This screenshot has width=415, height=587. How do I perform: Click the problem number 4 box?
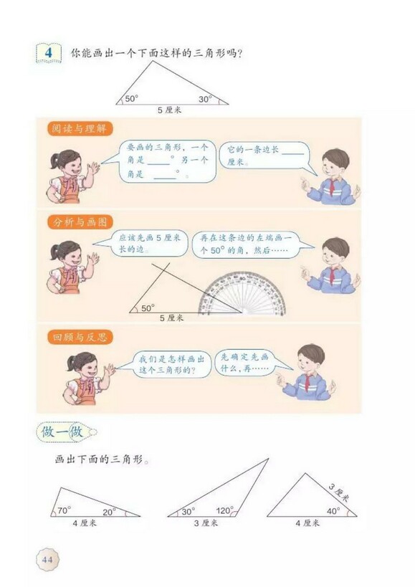click(x=48, y=54)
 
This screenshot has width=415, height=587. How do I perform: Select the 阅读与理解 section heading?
click(x=74, y=130)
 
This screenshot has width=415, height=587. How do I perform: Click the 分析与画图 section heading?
click(x=74, y=221)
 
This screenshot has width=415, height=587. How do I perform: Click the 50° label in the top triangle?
click(x=131, y=100)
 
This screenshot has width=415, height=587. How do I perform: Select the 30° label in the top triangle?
click(x=205, y=100)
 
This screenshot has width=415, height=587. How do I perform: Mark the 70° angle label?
click(x=63, y=511)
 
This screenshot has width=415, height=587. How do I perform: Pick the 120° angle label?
click(x=224, y=511)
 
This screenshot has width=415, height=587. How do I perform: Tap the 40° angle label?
click(x=333, y=511)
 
